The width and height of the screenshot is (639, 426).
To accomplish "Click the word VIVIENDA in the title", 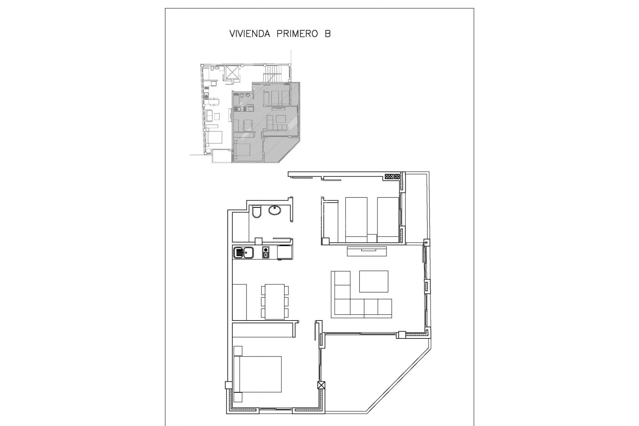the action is pos(250,34).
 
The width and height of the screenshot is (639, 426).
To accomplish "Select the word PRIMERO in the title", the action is pos(297,34).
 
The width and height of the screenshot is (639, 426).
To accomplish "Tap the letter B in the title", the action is pos(328,34).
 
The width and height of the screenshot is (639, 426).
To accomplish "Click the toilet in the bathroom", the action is pos(257,212).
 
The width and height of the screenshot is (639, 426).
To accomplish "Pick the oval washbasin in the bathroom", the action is pos(275,210).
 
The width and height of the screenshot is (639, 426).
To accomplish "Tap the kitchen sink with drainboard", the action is pos(243,253).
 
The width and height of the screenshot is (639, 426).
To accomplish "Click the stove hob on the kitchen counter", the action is pos(266,253).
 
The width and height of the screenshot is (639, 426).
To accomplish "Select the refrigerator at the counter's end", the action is pos(285,252).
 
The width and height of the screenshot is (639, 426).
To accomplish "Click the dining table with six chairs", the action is pos(275,302).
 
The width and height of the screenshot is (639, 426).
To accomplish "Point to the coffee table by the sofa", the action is pos(374,281).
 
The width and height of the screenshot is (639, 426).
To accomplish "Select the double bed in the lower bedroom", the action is pos(258,374).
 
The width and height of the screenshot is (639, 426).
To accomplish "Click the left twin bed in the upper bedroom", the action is pos(356,220).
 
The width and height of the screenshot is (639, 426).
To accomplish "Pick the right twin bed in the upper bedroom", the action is pos(388,220).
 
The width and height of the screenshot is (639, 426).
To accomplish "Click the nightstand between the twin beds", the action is pos(372,238).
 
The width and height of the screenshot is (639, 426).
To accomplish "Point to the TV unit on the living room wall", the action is pos(367,251).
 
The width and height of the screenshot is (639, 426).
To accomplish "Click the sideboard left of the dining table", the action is pos(239,302).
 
